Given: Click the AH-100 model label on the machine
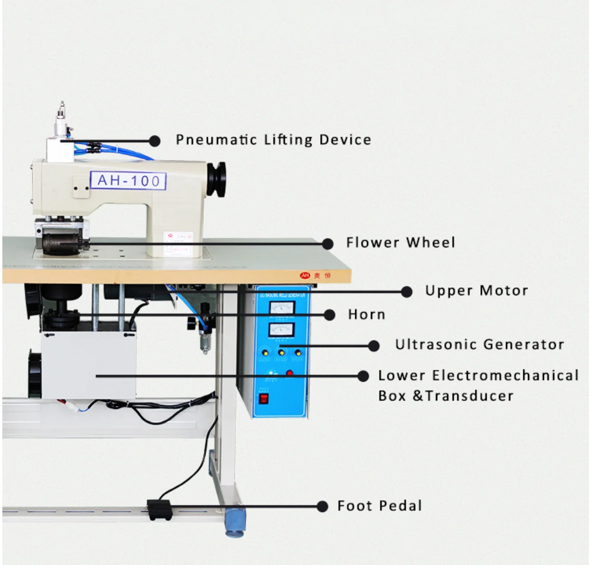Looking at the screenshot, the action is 128,180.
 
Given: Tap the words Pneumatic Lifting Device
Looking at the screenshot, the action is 273,140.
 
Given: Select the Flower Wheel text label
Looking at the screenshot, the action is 400,242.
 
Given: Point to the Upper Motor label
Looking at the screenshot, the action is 476,290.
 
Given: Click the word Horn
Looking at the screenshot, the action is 366,315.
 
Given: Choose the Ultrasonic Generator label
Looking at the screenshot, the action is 479,344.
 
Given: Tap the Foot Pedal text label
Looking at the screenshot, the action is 379,506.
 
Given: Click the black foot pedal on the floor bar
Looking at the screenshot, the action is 159,509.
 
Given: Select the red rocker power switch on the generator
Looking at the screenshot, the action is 264,398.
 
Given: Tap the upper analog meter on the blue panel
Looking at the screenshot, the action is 282,308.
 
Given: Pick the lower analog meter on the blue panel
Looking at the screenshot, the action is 282,329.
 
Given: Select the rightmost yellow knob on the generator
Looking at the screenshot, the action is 298,353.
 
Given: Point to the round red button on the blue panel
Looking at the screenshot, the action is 290,373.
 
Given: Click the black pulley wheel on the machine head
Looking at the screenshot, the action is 216,179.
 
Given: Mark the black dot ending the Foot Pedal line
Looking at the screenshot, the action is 322,506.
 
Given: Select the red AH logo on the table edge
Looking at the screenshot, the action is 305,275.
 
